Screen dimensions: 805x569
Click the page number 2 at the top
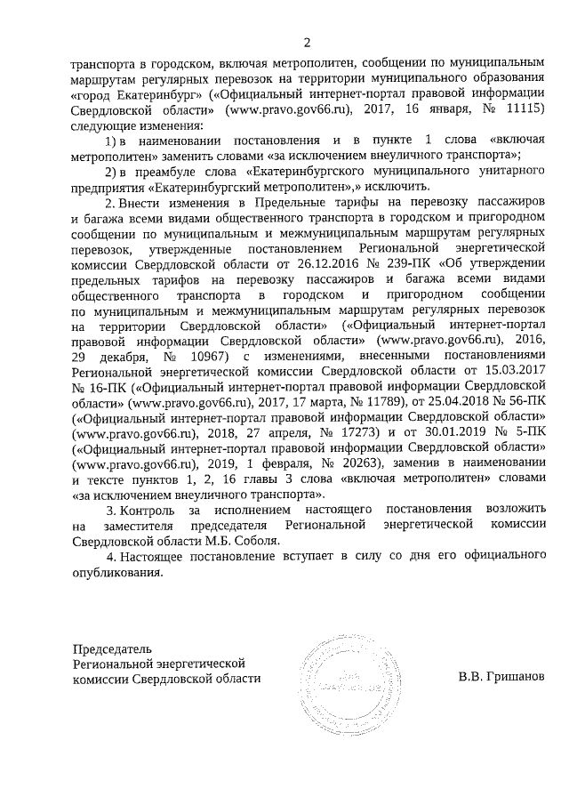coord(307,42)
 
